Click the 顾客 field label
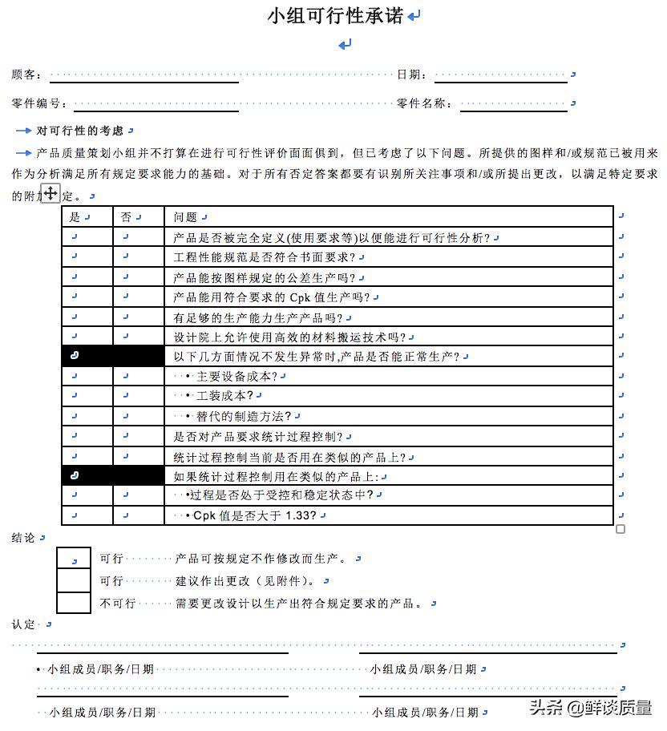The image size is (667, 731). click(26, 75)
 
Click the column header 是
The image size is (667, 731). click(75, 216)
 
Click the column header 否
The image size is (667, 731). click(126, 216)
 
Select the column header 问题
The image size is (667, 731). click(185, 216)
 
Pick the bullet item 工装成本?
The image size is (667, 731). click(224, 396)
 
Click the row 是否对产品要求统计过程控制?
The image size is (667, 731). click(258, 437)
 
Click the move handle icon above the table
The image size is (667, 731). click(51, 193)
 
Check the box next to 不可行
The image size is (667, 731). click(73, 603)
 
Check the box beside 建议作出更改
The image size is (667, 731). click(73, 580)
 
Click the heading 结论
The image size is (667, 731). click(23, 538)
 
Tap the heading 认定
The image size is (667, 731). click(23, 624)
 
